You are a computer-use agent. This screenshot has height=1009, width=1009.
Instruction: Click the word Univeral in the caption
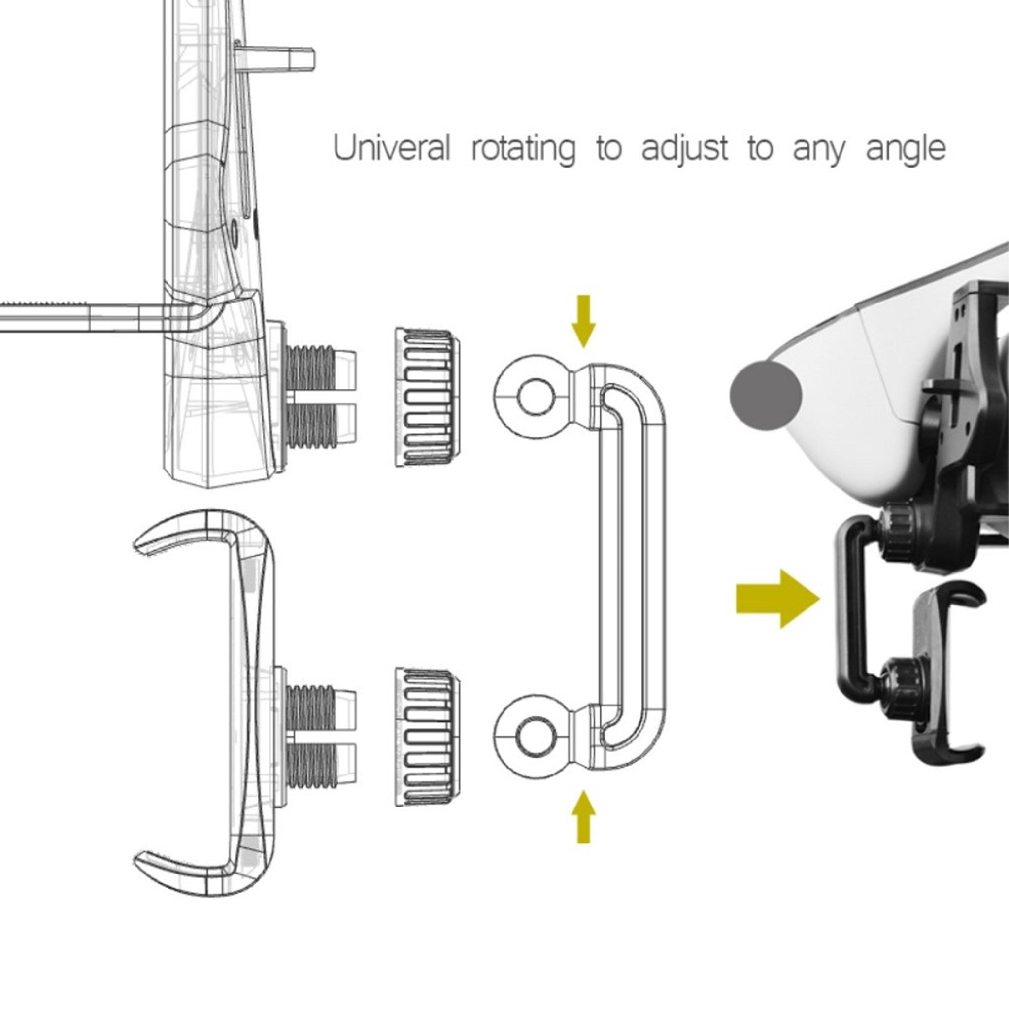(391, 148)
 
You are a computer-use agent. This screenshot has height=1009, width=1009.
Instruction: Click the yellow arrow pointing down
(583, 321)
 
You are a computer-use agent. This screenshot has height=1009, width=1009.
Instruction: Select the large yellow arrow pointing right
(777, 599)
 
